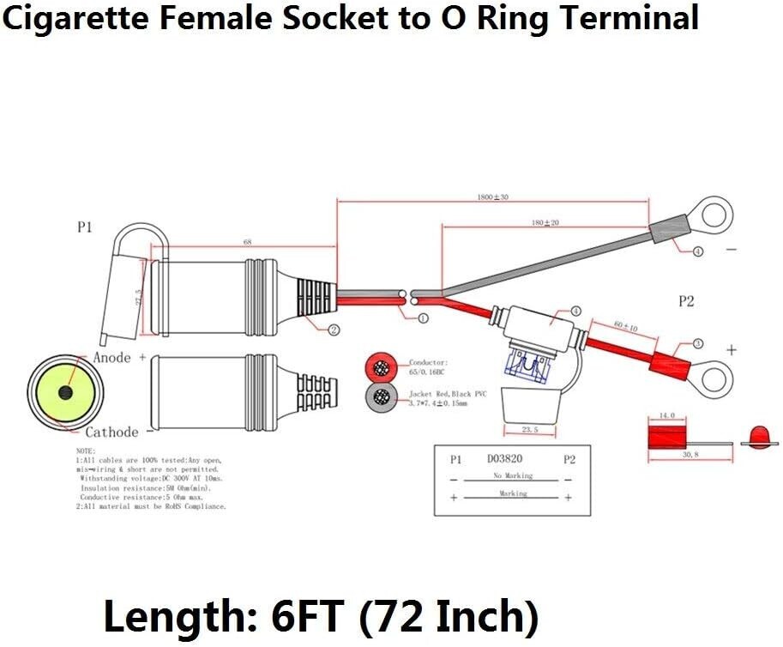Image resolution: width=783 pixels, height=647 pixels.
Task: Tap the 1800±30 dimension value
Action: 492,197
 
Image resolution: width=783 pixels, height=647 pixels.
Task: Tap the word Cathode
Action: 111,432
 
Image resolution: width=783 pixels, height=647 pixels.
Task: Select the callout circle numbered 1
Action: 423,318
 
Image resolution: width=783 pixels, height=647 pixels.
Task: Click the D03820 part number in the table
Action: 504,460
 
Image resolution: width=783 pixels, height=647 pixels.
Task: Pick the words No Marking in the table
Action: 513,475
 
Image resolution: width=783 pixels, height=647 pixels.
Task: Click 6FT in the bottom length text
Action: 306,615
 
